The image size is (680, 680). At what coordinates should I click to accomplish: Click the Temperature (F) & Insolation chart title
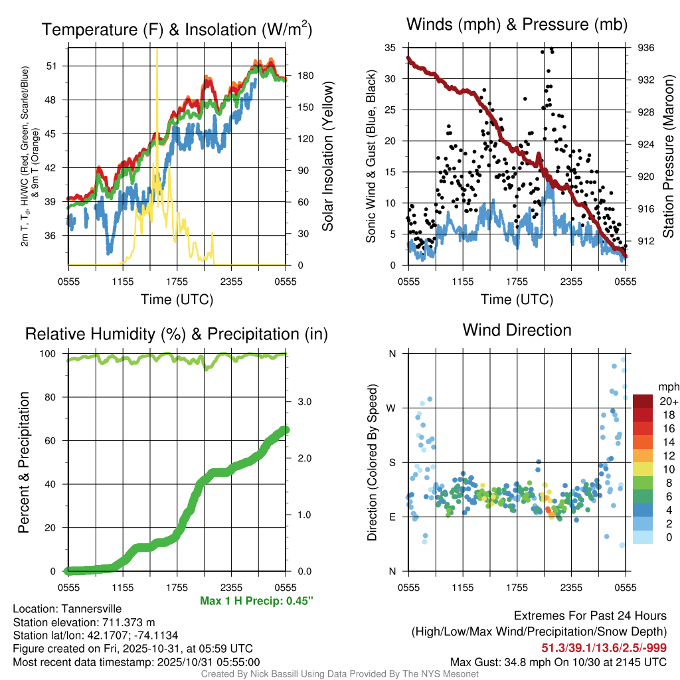[x=177, y=29]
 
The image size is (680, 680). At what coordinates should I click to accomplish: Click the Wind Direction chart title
[x=517, y=330]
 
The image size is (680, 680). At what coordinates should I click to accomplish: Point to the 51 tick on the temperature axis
[x=52, y=66]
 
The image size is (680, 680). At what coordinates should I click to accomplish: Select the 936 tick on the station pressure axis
[x=645, y=48]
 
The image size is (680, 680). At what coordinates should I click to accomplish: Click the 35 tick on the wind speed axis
[x=390, y=48]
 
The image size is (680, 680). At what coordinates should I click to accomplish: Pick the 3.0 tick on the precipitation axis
[x=300, y=402]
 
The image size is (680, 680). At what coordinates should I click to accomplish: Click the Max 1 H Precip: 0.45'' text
[x=256, y=601]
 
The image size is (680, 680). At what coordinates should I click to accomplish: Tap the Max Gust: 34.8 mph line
[x=558, y=661]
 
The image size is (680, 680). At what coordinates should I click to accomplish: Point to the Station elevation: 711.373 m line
[x=83, y=622]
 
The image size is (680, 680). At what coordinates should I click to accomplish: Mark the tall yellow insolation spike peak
[x=157, y=49]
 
